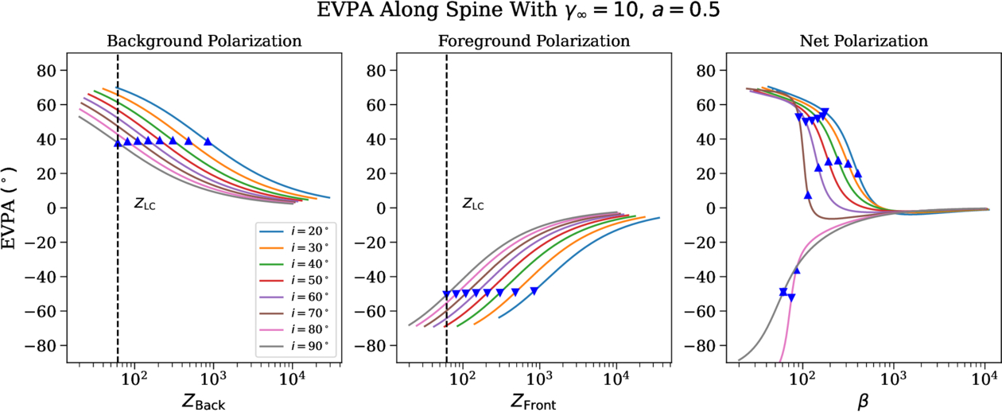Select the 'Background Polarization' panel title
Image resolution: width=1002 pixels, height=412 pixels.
[x=204, y=41]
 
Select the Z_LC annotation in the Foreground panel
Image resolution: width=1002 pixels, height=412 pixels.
[x=474, y=204]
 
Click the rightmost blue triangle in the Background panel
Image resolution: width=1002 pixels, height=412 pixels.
[x=208, y=142]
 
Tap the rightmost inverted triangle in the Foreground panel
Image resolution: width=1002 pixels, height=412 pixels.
[x=534, y=291]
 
